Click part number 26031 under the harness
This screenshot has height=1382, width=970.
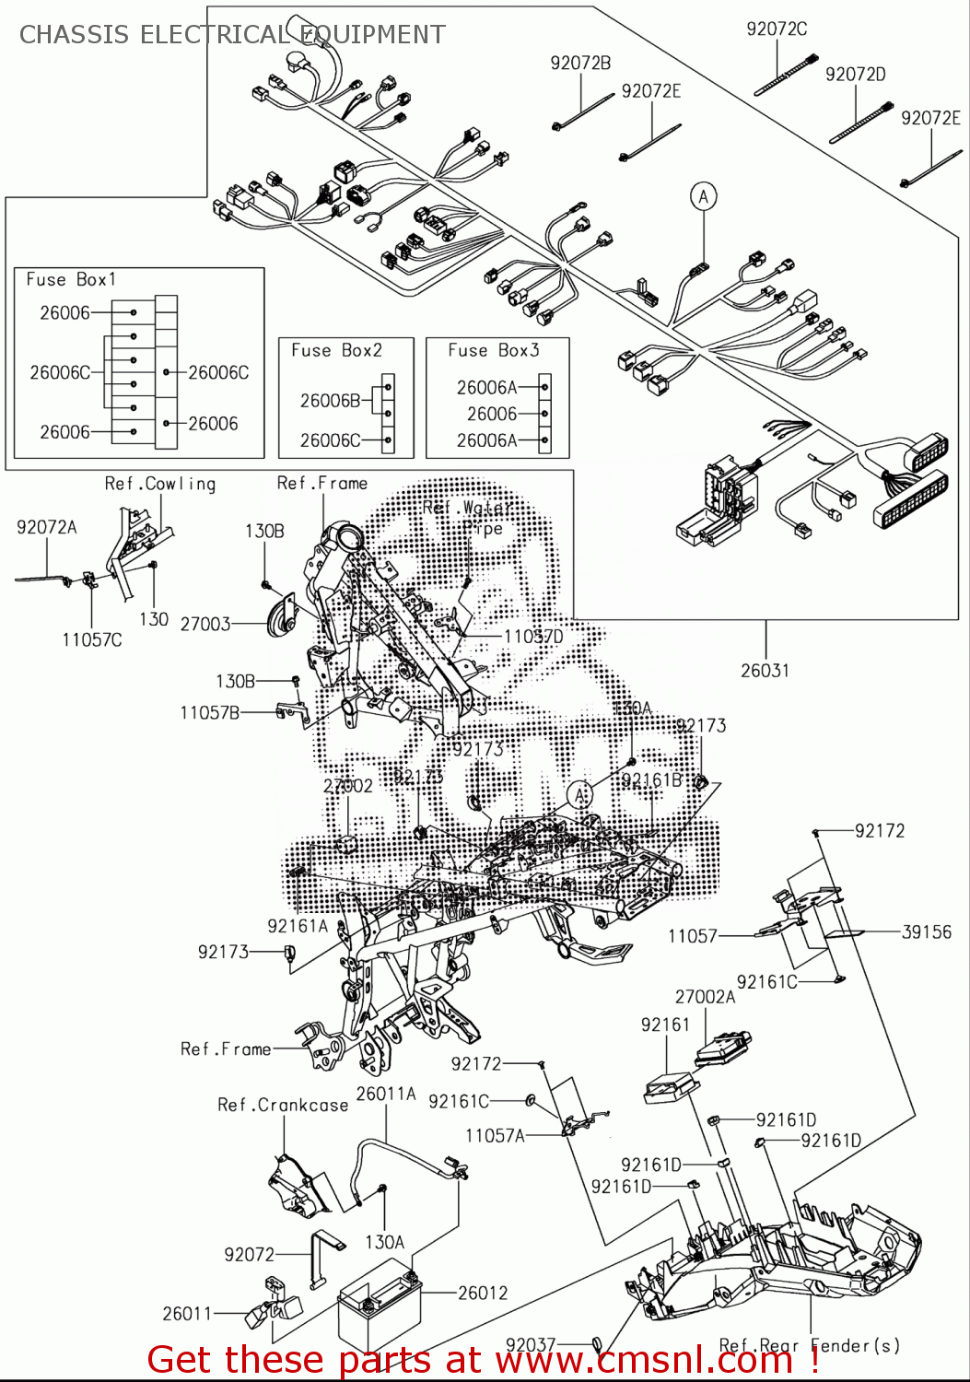coord(765,671)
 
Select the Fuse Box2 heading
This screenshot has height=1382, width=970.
coord(336,350)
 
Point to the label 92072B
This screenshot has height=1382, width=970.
coord(580,63)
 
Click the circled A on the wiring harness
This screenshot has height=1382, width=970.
coord(704,196)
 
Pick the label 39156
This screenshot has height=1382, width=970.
coord(926,931)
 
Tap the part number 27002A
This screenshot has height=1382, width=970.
coord(705,997)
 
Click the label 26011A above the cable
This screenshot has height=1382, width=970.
coord(386,1094)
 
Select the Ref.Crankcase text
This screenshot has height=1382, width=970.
coord(283,1105)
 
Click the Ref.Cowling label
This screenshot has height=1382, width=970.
coord(160,484)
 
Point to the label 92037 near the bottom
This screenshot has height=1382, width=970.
coord(531,1345)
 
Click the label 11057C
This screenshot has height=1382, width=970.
coord(92,639)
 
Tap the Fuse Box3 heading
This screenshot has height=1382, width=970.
coord(494,350)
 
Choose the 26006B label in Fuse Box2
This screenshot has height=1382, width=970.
coord(330,401)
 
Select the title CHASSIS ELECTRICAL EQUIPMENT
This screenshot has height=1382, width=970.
coord(232,35)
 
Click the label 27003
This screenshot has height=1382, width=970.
coord(205,624)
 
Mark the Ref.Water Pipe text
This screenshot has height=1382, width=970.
coord(468,517)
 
